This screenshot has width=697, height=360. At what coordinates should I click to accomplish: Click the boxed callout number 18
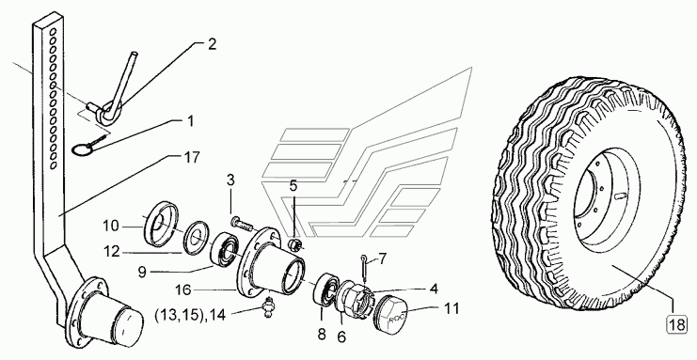[x=676, y=325]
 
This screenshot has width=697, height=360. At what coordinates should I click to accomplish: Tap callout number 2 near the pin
[x=212, y=44]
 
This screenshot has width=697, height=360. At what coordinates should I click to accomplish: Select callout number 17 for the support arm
[x=191, y=158]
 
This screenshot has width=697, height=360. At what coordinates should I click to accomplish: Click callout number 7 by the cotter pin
[x=382, y=258]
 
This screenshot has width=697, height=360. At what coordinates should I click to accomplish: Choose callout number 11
[x=451, y=308]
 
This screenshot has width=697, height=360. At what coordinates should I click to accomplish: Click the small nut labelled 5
[x=293, y=245]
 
